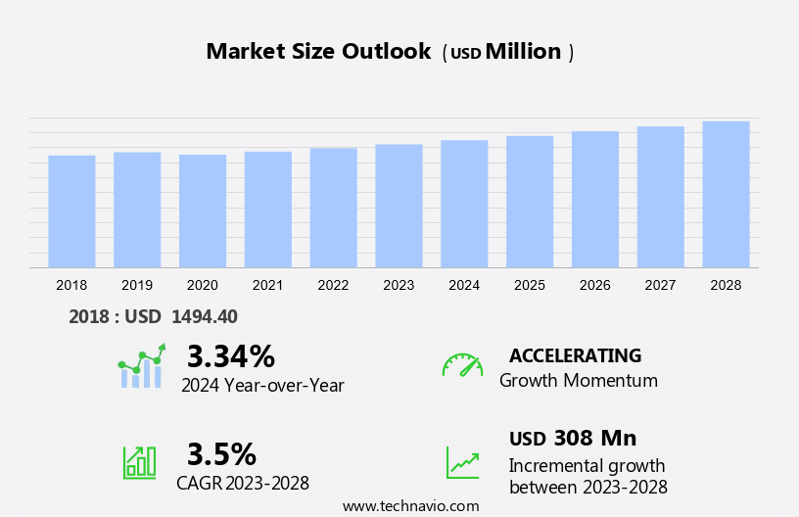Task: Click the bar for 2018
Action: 71,211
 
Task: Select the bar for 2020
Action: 203,211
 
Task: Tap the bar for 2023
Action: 399,207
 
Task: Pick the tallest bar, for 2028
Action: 726,195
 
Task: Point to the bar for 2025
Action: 530,202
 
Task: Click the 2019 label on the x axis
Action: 137,285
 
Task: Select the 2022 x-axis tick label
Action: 333,285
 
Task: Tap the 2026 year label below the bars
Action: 595,285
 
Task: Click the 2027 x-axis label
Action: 660,285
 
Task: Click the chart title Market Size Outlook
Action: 318,52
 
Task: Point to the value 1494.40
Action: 205,316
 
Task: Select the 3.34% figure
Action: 231,355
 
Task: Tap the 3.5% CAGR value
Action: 221,454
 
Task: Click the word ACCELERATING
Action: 575,355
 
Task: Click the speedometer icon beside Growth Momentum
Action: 462,365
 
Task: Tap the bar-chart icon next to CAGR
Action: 139,461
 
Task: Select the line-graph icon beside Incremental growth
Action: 462,462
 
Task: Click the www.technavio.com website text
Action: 411,506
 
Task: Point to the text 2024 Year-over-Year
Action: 262,386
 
